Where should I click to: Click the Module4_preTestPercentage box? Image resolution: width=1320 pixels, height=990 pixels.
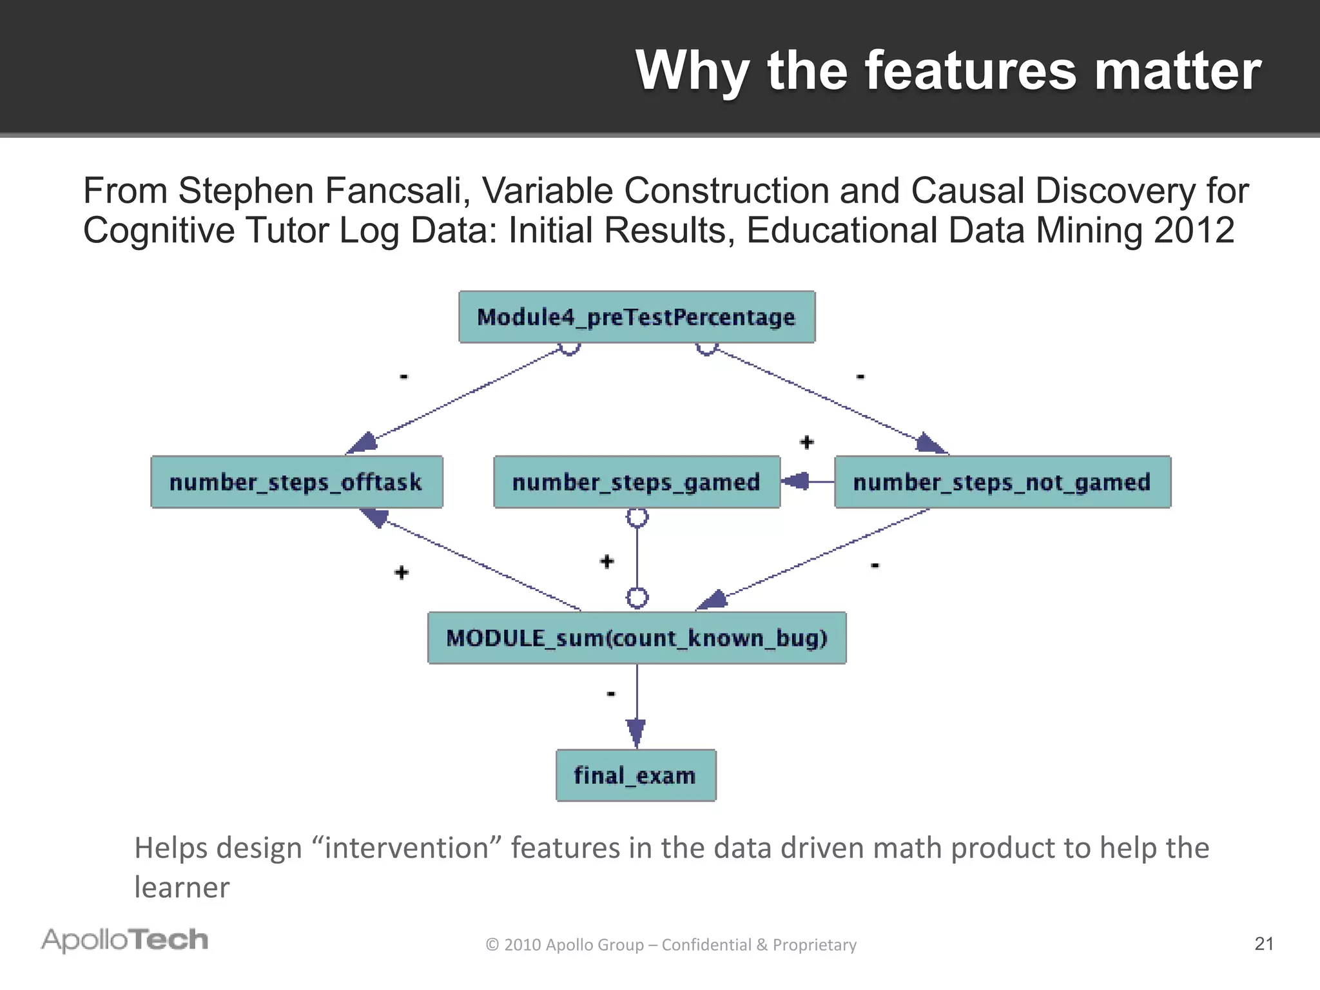pyautogui.click(x=637, y=317)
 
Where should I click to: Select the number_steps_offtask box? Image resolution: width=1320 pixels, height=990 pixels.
pyautogui.click(x=296, y=482)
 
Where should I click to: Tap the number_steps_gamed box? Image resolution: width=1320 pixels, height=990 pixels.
pyautogui.click(x=637, y=482)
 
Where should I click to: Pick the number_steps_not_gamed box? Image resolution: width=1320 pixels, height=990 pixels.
pyautogui.click(x=1002, y=482)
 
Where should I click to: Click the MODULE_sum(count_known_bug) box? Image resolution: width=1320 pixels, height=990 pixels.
pyautogui.click(x=637, y=638)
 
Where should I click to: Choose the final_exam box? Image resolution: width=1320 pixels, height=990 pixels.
pyautogui.click(x=636, y=775)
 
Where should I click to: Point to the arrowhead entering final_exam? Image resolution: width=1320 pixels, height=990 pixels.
pyautogui.click(x=636, y=733)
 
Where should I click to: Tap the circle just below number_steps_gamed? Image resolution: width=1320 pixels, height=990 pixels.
pyautogui.click(x=637, y=517)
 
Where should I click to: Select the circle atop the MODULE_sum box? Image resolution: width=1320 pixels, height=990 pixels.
pyautogui.click(x=637, y=598)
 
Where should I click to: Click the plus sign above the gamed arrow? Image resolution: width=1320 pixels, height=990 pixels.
pyautogui.click(x=806, y=442)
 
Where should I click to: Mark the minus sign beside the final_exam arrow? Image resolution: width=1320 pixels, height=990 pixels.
pyautogui.click(x=611, y=694)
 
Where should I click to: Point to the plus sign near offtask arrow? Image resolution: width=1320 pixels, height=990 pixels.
pyautogui.click(x=402, y=572)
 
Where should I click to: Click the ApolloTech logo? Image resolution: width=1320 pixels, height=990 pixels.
pyautogui.click(x=125, y=940)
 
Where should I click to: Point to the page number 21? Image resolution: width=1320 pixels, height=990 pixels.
pyautogui.click(x=1264, y=944)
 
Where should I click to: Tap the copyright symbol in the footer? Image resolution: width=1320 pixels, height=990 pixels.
pyautogui.click(x=492, y=945)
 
